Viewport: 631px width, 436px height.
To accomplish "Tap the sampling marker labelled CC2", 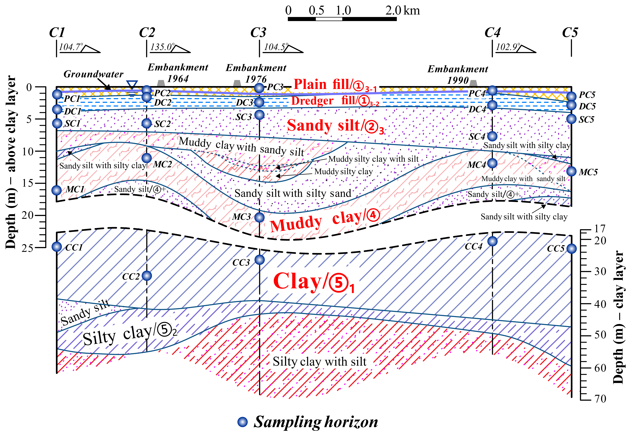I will point(147,276).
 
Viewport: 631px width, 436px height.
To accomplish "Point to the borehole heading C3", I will point(258,33).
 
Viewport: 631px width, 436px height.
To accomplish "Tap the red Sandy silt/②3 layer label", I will point(335,126).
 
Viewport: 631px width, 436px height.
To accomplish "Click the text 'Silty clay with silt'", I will point(319,362).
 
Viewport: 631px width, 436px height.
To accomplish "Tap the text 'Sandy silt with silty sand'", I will point(293,193).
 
